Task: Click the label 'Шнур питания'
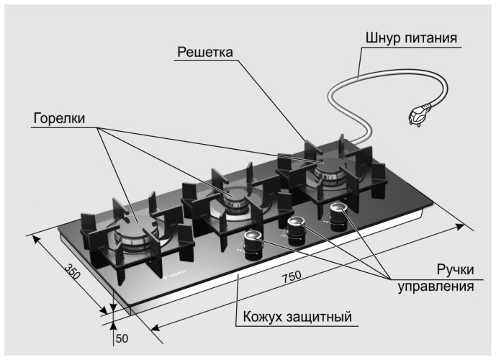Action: coord(411,37)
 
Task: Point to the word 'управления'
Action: coord(436,287)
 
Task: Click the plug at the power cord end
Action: coord(419,114)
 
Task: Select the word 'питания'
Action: coord(433,37)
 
